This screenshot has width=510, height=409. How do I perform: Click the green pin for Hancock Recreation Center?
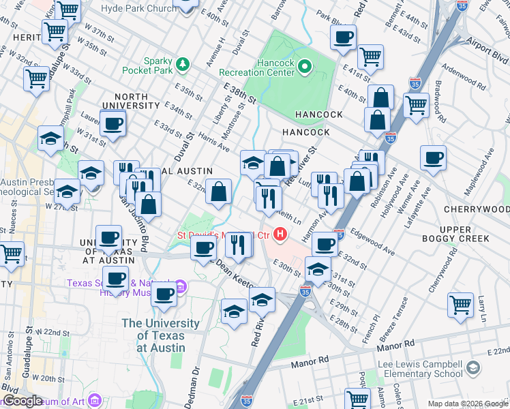pyautogui.click(x=305, y=67)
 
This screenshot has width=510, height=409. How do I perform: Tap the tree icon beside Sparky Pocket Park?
pyautogui.click(x=182, y=65)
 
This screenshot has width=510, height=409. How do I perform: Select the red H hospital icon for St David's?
pyautogui.click(x=280, y=234)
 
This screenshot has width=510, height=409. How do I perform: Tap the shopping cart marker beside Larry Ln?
pyautogui.click(x=461, y=304)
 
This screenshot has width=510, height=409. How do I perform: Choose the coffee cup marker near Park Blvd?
pyautogui.click(x=344, y=37)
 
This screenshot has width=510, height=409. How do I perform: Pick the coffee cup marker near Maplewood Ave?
pyautogui.click(x=433, y=158)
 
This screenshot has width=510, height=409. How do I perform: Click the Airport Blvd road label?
pyautogui.click(x=487, y=42)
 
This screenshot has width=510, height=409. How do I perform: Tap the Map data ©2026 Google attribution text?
pyautogui.click(x=468, y=404)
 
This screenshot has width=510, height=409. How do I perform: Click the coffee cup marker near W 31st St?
pyautogui.click(x=112, y=123)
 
